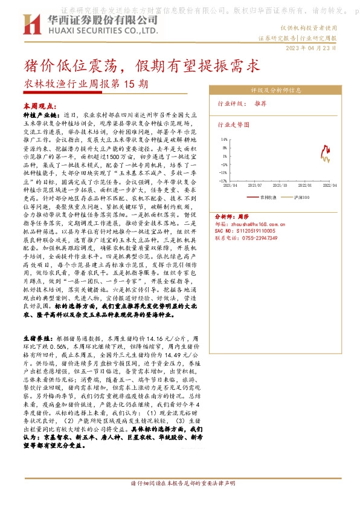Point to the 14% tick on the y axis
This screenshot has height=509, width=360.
[x=225, y=140]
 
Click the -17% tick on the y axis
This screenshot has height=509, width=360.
[x=223, y=180]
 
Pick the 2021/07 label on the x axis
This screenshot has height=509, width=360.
[x=256, y=186]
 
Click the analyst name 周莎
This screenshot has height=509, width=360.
[x=243, y=215]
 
